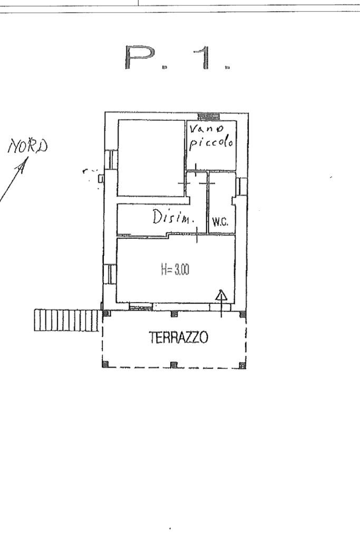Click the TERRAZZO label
click(x=179, y=337)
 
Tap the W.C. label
click(x=219, y=223)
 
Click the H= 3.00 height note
click(x=175, y=270)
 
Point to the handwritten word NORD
click(x=28, y=146)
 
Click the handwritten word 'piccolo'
click(x=211, y=144)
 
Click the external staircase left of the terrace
click(x=66, y=320)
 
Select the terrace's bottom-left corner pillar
click(x=105, y=364)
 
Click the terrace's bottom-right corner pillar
click(x=242, y=364)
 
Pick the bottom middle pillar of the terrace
click(x=174, y=364)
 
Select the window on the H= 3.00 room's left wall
click(x=111, y=274)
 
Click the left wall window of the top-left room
click(x=111, y=159)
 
